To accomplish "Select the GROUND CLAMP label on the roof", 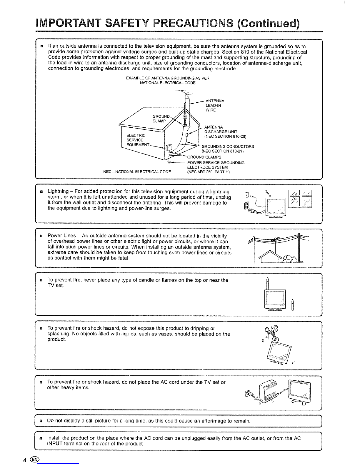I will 161,118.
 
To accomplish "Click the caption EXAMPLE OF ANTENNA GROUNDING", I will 167,80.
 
